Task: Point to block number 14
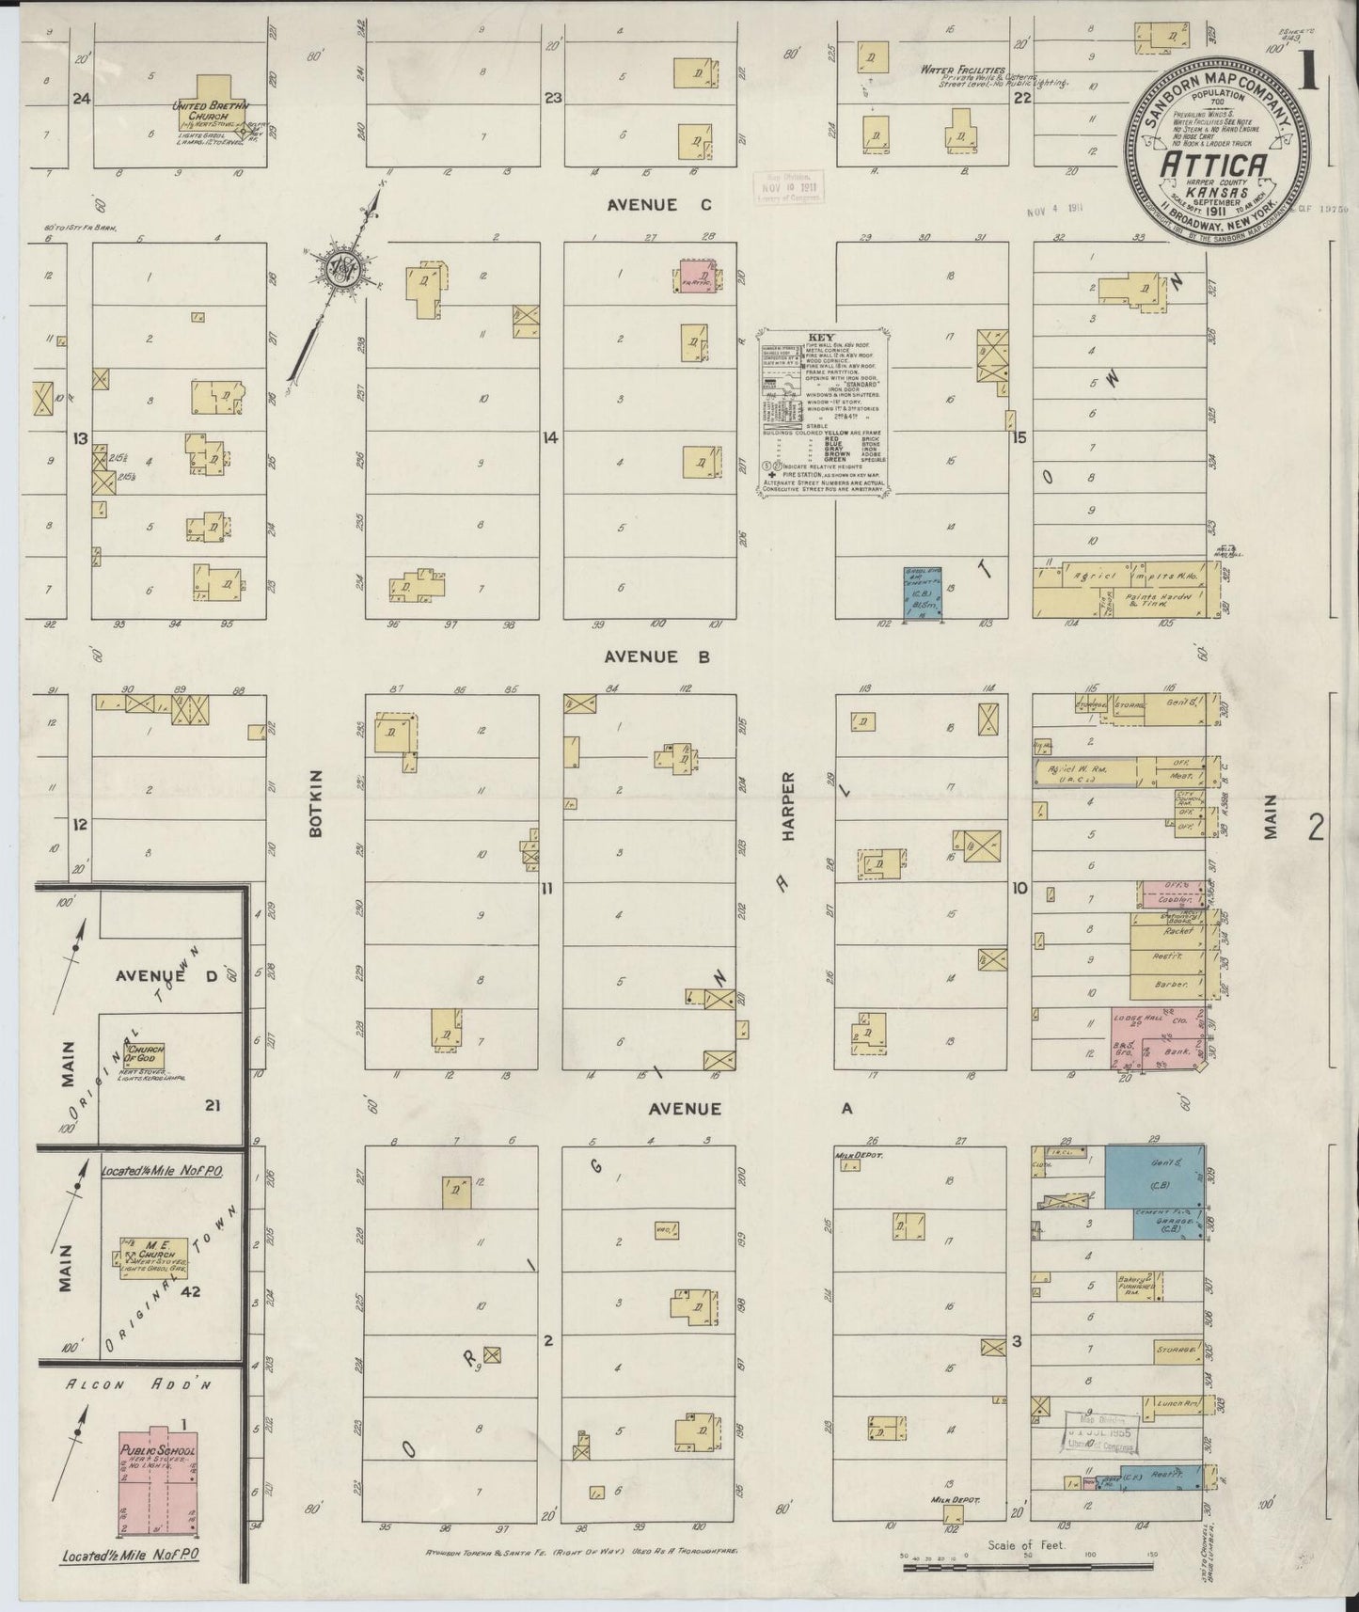[549, 437]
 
